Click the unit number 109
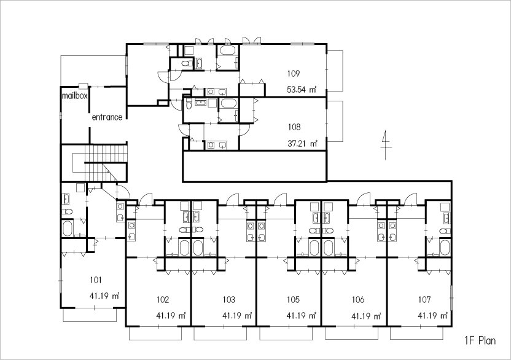pyautogui.click(x=293, y=74)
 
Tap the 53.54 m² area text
pyautogui.click(x=301, y=90)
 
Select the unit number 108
pyautogui.click(x=294, y=128)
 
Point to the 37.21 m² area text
pyautogui.click(x=302, y=144)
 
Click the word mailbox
pyautogui.click(x=75, y=97)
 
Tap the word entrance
pyautogui.click(x=107, y=117)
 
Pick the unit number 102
pyautogui.click(x=162, y=300)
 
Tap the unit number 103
pyautogui.click(x=228, y=300)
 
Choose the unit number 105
pyautogui.click(x=293, y=300)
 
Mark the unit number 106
pyautogui.click(x=359, y=300)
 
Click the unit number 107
pyautogui.click(x=424, y=300)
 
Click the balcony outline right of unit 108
pyautogui.click(x=335, y=121)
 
